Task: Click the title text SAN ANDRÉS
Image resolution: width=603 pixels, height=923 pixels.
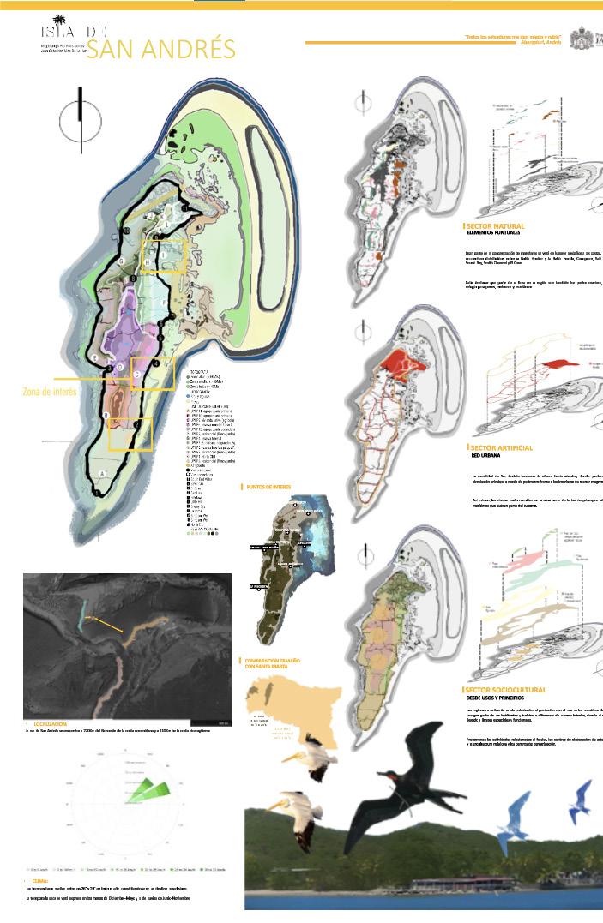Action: click(x=161, y=49)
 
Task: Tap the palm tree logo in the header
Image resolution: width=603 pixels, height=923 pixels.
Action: click(x=59, y=23)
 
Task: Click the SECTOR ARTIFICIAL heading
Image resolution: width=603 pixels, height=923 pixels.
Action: click(x=502, y=448)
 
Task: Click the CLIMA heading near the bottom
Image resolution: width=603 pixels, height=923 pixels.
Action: click(x=39, y=880)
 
